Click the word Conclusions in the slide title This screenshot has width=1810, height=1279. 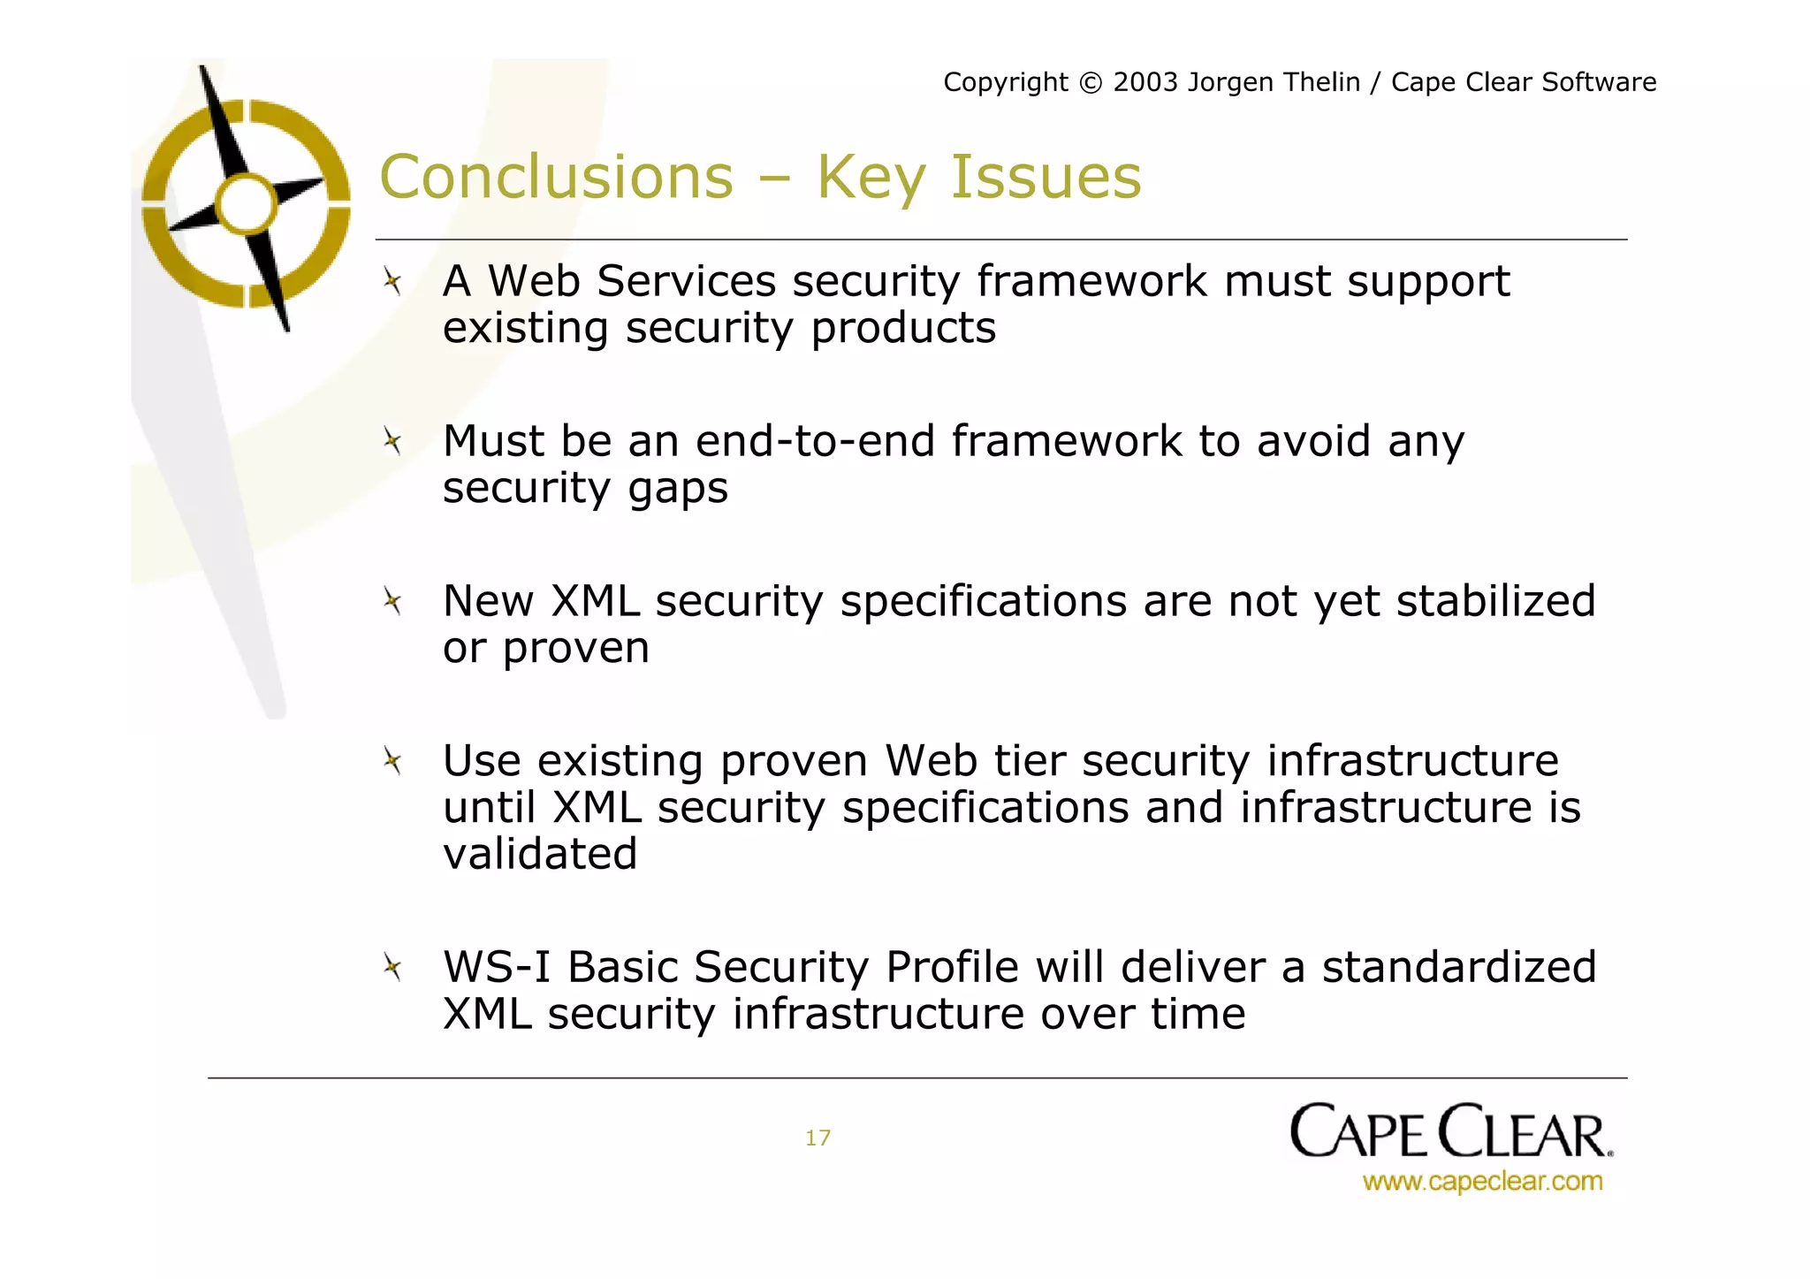coord(556,178)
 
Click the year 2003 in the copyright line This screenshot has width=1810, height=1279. coord(1145,82)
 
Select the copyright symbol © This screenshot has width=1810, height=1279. coord(1091,83)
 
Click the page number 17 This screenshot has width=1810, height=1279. coord(818,1138)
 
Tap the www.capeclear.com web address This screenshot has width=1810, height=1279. coord(1482,1182)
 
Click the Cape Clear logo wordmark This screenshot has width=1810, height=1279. coord(1450,1131)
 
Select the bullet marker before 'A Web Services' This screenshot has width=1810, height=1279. coord(392,283)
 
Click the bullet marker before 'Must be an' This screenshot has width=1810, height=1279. coord(392,441)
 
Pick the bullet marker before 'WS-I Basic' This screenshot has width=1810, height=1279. coord(392,967)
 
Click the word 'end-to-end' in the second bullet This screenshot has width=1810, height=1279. coord(815,441)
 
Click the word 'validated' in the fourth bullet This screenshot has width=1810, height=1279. coord(540,855)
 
